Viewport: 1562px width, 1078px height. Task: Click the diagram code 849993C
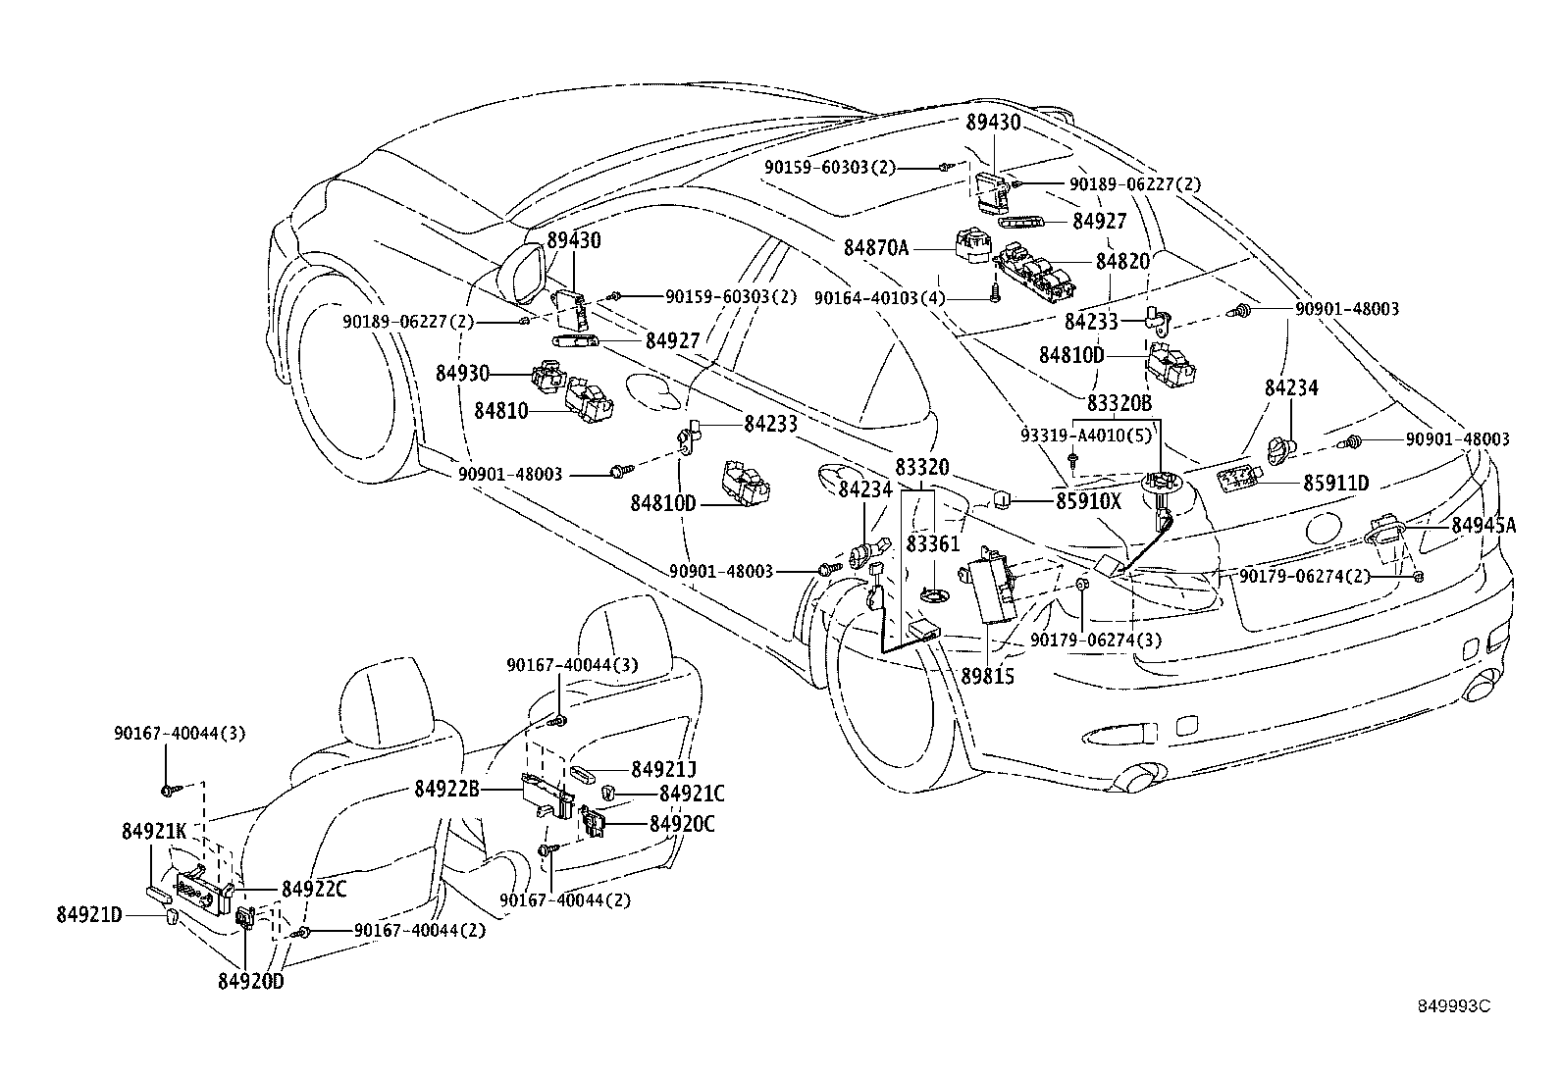[1453, 1006]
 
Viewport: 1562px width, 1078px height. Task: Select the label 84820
[1122, 262]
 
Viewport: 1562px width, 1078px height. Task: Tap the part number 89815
[988, 677]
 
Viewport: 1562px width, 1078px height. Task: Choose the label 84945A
[1484, 526]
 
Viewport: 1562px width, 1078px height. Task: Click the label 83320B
[1119, 403]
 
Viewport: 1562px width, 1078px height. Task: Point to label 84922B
[446, 788]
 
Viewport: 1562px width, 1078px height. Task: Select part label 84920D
[250, 981]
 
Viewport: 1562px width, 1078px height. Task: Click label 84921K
[154, 832]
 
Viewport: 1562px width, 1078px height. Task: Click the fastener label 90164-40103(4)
[879, 297]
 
